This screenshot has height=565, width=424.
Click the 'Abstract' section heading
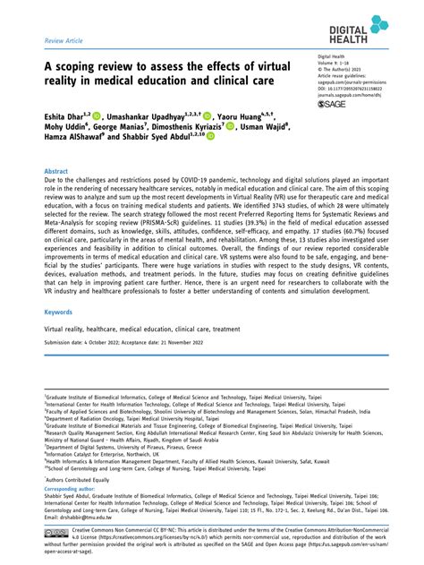coord(57,170)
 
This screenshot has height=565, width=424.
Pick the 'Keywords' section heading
coord(59,312)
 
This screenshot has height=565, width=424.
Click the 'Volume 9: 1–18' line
coord(333,64)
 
